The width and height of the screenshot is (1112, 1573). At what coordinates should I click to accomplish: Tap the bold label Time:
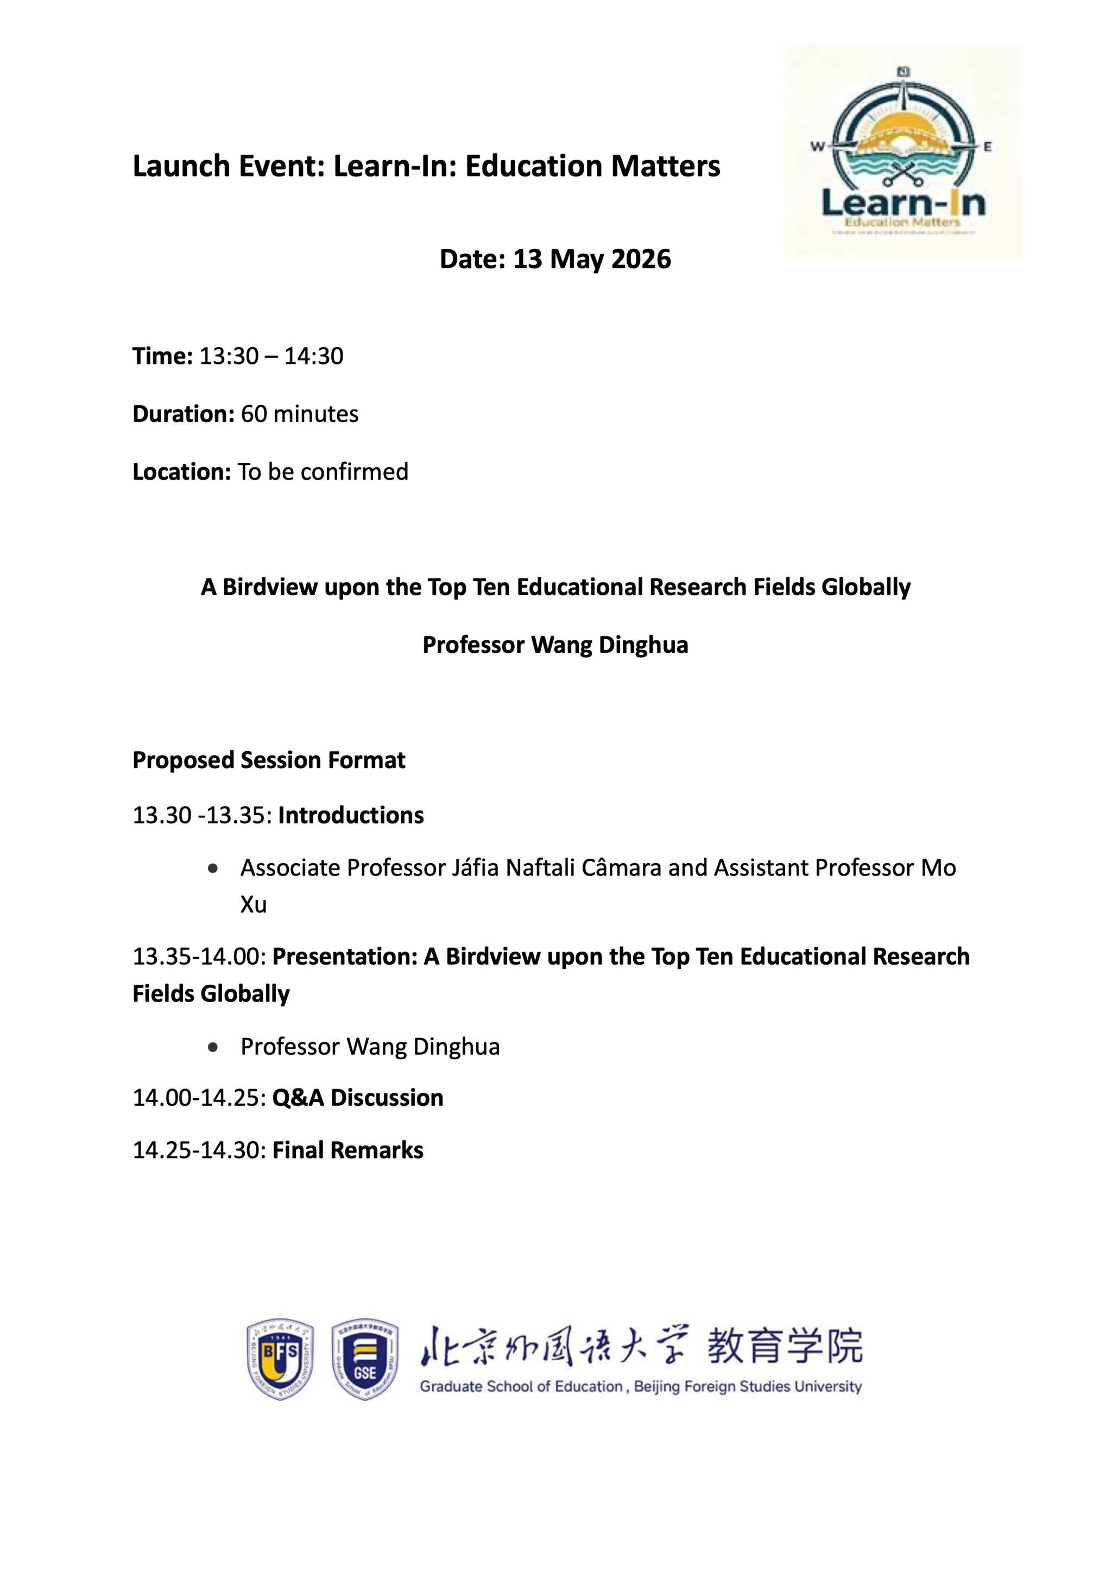(x=162, y=356)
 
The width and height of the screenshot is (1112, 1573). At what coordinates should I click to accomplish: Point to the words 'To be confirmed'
(x=323, y=471)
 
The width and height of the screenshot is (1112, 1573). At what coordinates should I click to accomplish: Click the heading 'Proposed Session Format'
(x=268, y=760)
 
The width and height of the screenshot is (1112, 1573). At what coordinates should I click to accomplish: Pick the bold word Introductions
(x=351, y=815)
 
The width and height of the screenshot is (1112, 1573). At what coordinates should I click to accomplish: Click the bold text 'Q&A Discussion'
(x=357, y=1098)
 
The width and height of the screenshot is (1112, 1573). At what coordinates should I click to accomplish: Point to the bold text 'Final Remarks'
(x=348, y=1150)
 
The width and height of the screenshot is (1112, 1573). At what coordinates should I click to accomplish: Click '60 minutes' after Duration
(x=299, y=414)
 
